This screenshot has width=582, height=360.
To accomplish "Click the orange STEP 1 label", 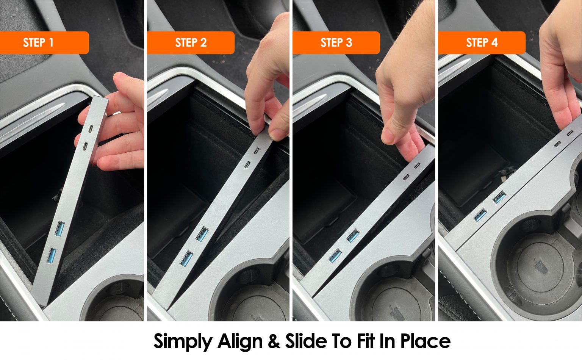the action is click(44, 42).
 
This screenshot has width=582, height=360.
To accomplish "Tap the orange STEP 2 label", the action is click(191, 42).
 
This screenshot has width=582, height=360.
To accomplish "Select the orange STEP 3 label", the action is click(336, 42).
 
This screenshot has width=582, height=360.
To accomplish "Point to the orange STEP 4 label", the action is click(482, 42).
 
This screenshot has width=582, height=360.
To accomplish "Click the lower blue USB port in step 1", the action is click(52, 256).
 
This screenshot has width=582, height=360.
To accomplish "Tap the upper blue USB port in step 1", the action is click(59, 229).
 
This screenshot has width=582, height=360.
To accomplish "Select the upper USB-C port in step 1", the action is click(91, 129).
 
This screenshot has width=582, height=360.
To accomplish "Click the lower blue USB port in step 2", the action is click(187, 258).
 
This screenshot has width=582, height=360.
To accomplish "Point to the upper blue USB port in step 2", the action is click(202, 234).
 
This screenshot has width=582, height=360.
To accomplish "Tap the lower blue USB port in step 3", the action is click(335, 256).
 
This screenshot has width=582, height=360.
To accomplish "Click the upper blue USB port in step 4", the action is click(499, 197).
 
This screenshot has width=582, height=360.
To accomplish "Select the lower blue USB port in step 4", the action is click(480, 215).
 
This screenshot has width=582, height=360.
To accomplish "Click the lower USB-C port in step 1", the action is click(85, 146).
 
